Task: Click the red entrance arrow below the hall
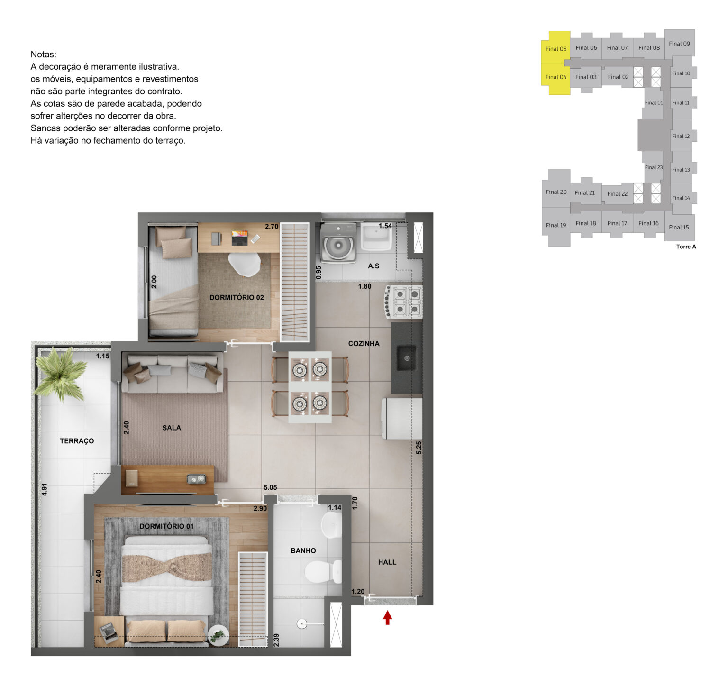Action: point(387,617)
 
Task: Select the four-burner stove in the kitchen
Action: point(404,302)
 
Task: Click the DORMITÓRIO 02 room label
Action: point(237,298)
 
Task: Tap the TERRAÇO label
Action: point(77,441)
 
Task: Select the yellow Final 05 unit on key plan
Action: point(555,48)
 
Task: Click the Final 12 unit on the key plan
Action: point(681,136)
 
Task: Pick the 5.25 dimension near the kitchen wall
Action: point(419,448)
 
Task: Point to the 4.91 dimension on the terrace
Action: point(45,490)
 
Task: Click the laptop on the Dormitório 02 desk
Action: point(240,237)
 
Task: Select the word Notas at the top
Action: point(44,55)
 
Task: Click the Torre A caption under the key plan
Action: point(686,247)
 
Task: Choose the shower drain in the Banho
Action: point(302,624)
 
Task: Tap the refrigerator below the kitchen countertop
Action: point(402,418)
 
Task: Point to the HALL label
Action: point(387,562)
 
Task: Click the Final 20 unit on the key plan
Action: point(556,192)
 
